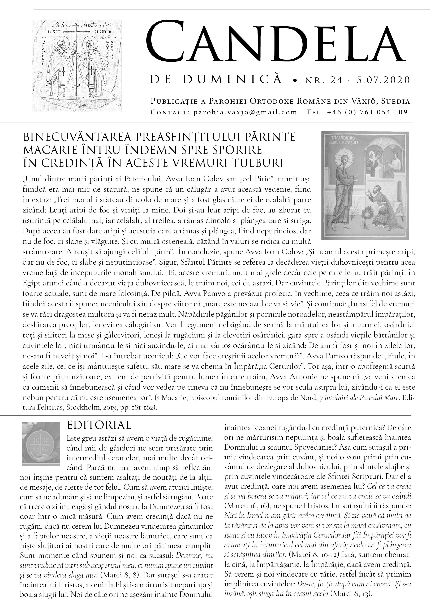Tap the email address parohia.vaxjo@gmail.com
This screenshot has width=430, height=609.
tap(245, 112)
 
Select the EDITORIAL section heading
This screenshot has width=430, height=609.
tap(99, 425)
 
